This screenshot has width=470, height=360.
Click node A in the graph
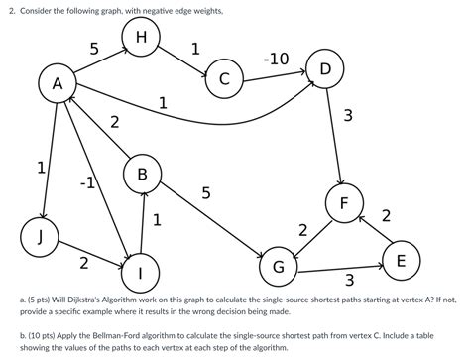58,86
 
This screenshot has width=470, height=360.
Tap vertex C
225,79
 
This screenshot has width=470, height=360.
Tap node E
400,261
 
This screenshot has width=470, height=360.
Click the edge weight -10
276,60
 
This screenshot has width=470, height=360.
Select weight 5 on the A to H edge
93,50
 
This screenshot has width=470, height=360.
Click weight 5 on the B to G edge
205,193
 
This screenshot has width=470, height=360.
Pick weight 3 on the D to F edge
347,117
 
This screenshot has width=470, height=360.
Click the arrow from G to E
337,266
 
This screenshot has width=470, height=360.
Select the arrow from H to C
184,60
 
